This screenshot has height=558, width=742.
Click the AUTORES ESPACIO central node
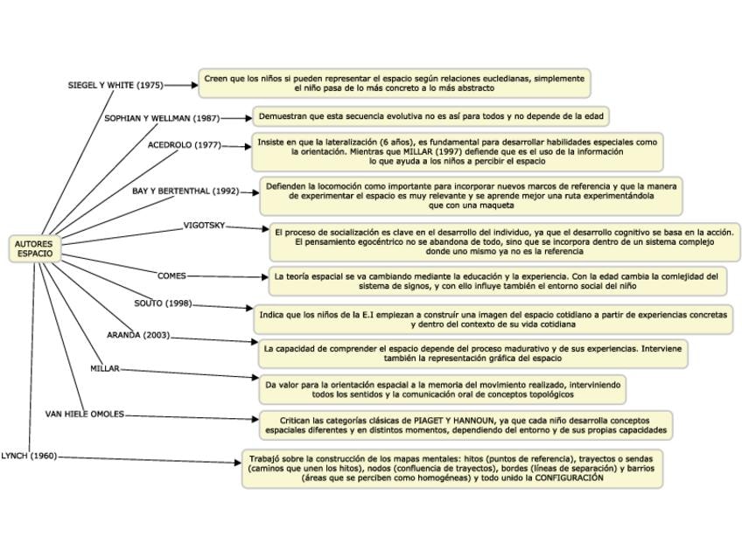[x=35, y=248]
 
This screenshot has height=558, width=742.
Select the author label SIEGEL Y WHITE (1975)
[x=115, y=86]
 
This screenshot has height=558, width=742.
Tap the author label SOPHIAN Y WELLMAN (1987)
[x=162, y=117]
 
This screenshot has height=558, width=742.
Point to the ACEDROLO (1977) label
[x=184, y=145]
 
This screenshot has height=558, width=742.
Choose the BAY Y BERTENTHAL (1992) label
[x=185, y=191]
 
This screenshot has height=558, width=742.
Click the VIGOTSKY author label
[x=204, y=226]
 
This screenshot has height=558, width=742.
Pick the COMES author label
[x=171, y=276]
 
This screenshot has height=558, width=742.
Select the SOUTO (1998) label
[x=163, y=303]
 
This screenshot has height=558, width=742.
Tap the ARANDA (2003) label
[x=138, y=335]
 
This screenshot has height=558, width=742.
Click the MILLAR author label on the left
[x=105, y=368]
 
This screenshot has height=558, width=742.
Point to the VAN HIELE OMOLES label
[x=85, y=414]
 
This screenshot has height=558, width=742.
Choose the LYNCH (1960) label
[x=29, y=456]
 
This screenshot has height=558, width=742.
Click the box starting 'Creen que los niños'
[x=394, y=83]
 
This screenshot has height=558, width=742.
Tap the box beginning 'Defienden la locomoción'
[x=471, y=196]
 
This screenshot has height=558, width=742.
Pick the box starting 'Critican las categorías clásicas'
[x=466, y=425]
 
